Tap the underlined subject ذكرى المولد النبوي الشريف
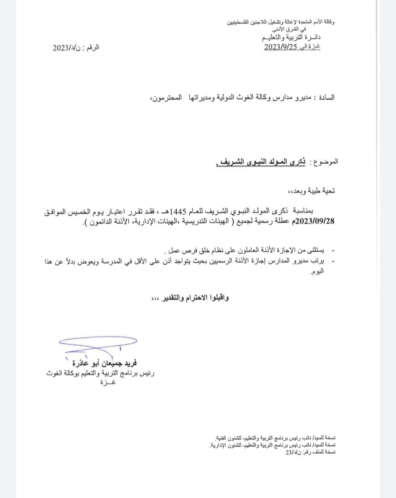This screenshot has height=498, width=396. (261, 162)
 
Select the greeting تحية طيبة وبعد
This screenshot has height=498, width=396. (316, 191)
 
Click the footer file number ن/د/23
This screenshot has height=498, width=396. (292, 452)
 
